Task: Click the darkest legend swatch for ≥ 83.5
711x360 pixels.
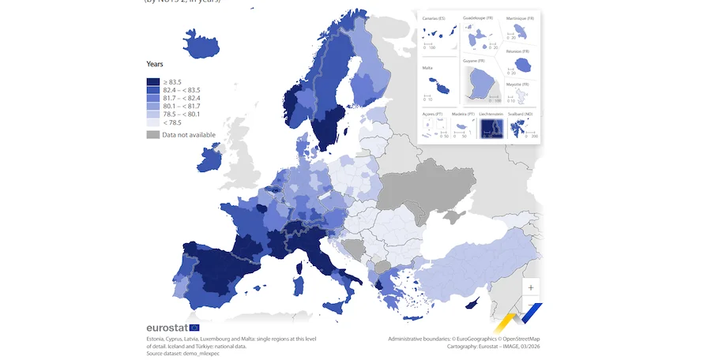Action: (153, 82)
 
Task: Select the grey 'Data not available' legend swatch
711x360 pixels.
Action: (153, 135)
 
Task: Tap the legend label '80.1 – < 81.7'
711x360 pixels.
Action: (181, 106)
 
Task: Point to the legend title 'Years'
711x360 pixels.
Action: (155, 64)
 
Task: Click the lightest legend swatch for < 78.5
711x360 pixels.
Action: (153, 122)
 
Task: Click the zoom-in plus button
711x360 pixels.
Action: (531, 288)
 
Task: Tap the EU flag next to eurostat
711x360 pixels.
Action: (194, 328)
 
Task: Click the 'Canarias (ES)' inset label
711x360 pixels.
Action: (434, 17)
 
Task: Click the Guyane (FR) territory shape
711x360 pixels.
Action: (481, 84)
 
